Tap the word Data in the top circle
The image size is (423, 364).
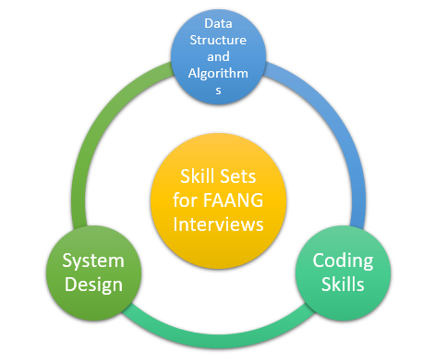click(x=218, y=20)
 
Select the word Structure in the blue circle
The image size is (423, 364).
click(x=218, y=39)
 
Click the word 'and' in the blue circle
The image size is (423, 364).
click(x=218, y=56)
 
